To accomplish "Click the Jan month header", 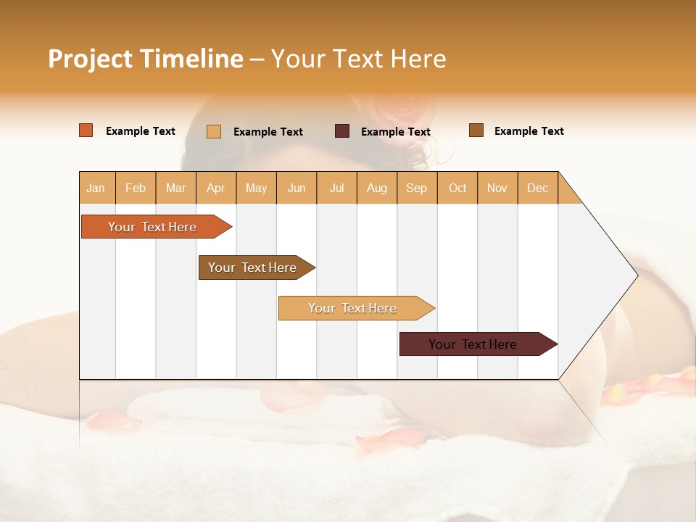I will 96,188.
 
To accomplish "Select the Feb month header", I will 136,188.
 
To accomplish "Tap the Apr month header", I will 215,188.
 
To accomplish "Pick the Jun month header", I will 297,188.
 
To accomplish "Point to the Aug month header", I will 376,188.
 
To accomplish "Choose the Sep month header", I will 416,188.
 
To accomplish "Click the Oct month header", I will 457,188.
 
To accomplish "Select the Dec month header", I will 537,188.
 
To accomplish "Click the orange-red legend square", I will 86,130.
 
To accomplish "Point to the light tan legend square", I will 214,131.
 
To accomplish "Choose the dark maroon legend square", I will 342,131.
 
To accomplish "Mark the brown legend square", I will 476,130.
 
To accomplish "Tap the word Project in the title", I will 90,59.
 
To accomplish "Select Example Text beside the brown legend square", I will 529,131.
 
